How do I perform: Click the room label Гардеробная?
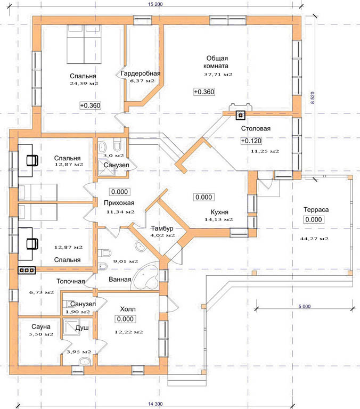tap(141, 73)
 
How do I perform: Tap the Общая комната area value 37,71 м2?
tap(218, 75)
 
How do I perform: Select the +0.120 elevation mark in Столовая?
tap(251, 141)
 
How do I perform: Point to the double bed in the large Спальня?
tap(84, 44)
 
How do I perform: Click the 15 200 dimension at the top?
tap(155, 4)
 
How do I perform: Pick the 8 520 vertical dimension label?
tap(313, 98)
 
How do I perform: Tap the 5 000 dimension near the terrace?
tap(305, 307)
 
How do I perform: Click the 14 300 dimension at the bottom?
tap(156, 404)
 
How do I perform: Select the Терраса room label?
tap(316, 210)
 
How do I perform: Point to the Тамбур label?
tap(162, 228)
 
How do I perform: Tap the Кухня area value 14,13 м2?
tap(218, 219)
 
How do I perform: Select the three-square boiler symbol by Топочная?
tap(27, 270)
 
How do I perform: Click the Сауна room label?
tap(41, 327)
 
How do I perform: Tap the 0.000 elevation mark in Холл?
tap(125, 319)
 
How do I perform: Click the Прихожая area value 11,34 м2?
tap(120, 212)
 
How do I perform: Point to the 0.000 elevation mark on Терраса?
tap(314, 219)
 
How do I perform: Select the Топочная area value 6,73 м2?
tap(42, 292)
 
